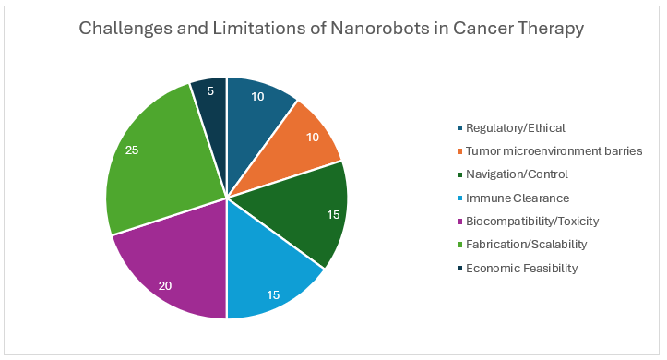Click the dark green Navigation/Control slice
pyautogui.click(x=306, y=212)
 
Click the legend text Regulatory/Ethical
pyautogui.click(x=515, y=128)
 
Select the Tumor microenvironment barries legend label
pyautogui.click(x=554, y=151)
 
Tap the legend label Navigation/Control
pyautogui.click(x=517, y=174)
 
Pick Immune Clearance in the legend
pyautogui.click(x=518, y=198)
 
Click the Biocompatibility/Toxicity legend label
pyautogui.click(x=532, y=222)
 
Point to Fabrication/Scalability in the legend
pyautogui.click(x=526, y=245)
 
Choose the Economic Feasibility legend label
pyautogui.click(x=521, y=268)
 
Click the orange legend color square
pyautogui.click(x=459, y=151)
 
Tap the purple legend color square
pyautogui.click(x=459, y=222)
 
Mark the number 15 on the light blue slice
pyautogui.click(x=273, y=294)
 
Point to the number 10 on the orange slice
pyautogui.click(x=313, y=137)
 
